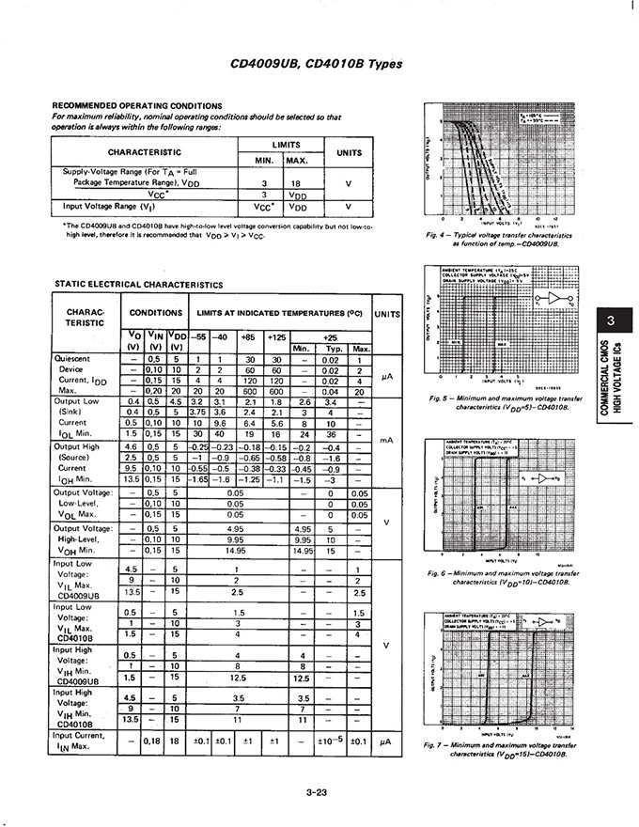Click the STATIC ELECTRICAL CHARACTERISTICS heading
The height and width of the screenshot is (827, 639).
coord(138,283)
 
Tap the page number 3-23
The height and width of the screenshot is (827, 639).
coord(317,791)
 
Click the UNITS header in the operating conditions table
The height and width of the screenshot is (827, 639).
coord(349,150)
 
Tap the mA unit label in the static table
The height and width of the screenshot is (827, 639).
coord(385,439)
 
